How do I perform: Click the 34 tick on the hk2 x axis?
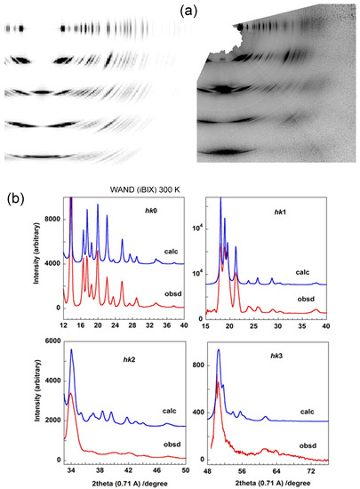tap(71, 474)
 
